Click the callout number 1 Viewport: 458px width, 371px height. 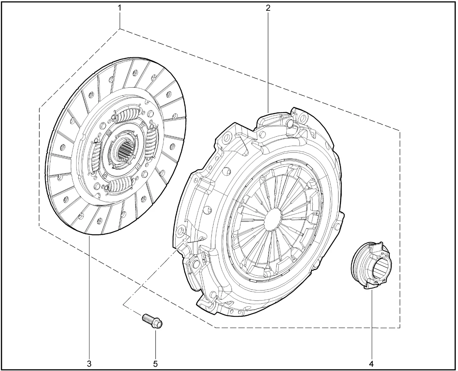[x=120, y=8]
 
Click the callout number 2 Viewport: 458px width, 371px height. [x=268, y=8]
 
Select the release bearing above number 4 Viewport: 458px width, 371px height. [x=371, y=265]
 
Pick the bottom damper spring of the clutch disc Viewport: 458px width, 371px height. [x=121, y=184]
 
